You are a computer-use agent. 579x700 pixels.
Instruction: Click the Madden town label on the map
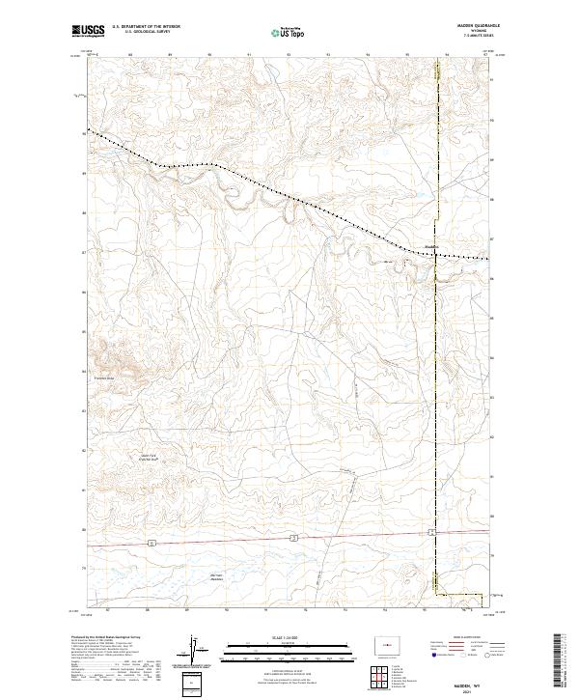pos(431,245)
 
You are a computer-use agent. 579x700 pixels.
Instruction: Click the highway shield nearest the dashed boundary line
pos(432,532)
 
